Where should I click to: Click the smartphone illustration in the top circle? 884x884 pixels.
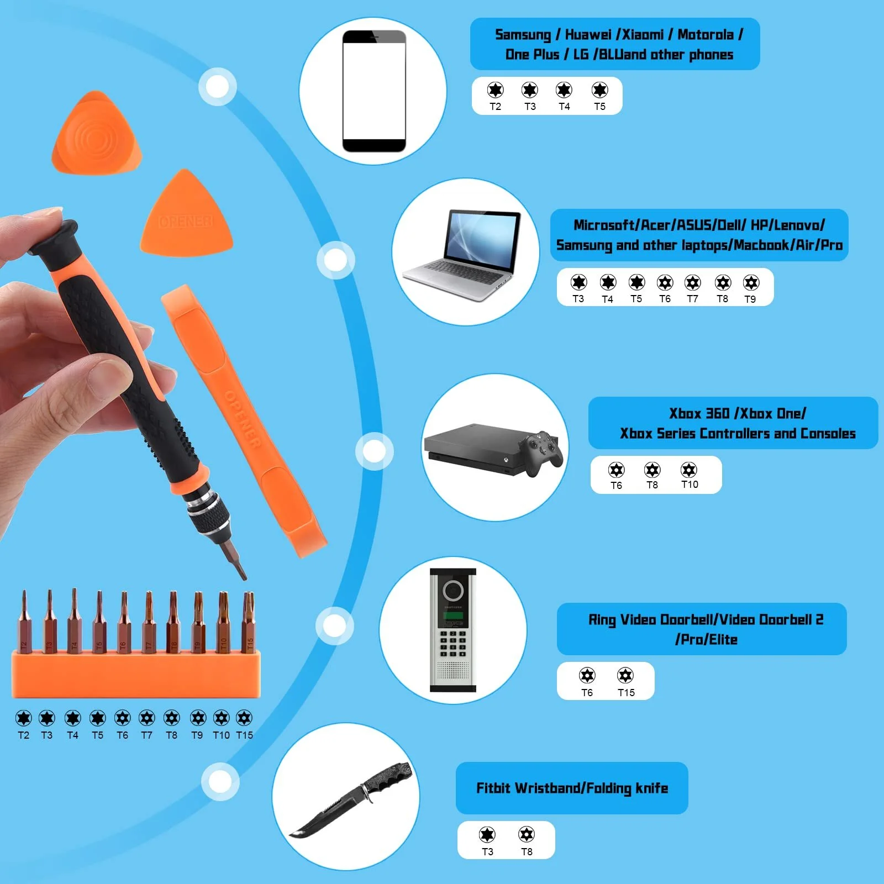pos(374,91)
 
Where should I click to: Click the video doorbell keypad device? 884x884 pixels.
pos(453,630)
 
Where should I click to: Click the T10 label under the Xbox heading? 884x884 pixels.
pos(690,485)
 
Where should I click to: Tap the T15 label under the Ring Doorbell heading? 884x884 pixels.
pos(626,693)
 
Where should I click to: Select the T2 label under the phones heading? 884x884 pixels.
pos(495,107)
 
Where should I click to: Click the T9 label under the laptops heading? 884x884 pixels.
pos(750,299)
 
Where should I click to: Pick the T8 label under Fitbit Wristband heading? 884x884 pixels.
pos(527,852)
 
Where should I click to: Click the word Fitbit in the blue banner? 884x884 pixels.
pos(493,788)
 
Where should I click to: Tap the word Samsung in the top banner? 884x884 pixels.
pos(523,35)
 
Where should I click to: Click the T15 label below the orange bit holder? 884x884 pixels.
pos(244,735)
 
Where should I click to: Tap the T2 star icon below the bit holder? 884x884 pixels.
pos(24,718)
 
